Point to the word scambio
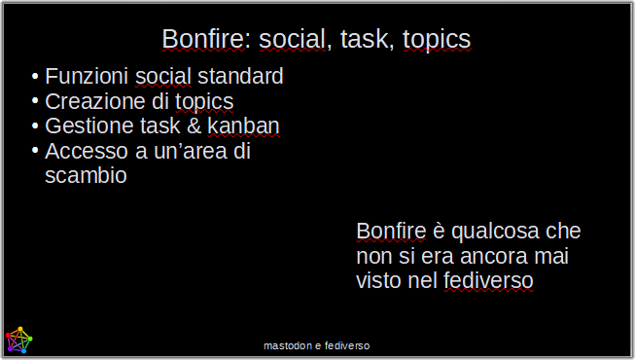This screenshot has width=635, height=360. click(86, 177)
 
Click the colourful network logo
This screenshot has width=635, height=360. click(18, 340)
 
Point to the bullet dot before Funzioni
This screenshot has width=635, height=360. click(35, 76)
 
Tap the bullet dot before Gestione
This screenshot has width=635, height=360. click(35, 126)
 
